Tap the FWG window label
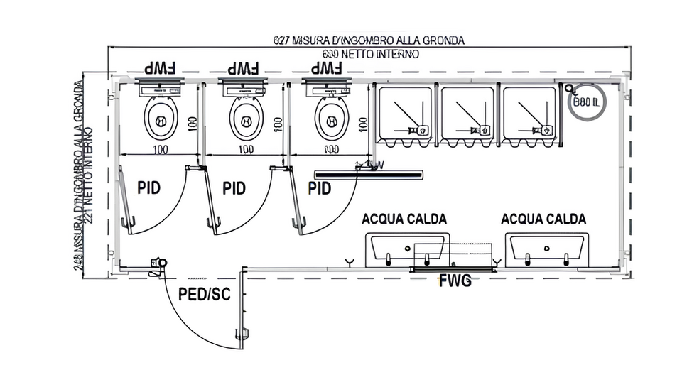(455, 281)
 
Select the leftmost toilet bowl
(161, 116)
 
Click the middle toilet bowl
(246, 116)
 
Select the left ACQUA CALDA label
(405, 219)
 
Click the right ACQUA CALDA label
(543, 219)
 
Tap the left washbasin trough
(406, 249)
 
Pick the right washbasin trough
(546, 249)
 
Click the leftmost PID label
(149, 188)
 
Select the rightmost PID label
(320, 188)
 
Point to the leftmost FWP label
(161, 69)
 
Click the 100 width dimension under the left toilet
(161, 150)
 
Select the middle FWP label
(244, 69)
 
